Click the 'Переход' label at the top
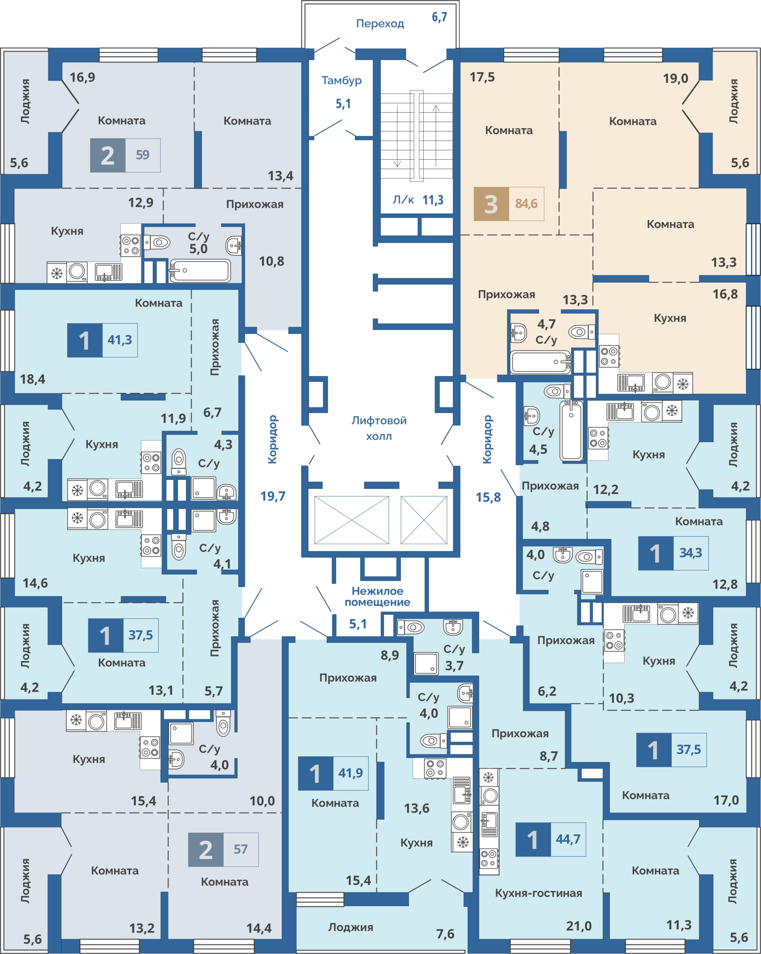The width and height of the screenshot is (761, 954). coord(380,24)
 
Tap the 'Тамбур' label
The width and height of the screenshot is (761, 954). coord(342,81)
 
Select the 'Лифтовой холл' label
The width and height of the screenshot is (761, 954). coord(379,428)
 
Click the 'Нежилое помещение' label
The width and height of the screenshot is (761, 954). coord(377,596)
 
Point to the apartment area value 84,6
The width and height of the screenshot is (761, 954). coord(526,204)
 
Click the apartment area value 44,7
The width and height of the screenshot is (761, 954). coord(568,839)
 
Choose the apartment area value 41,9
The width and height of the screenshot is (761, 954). coord(351,773)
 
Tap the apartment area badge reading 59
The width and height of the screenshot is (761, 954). coord(143,155)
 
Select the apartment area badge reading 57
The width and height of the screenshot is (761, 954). coord(241,849)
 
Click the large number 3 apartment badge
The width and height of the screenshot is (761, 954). coord(491,204)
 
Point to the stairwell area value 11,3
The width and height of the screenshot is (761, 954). coord(433,200)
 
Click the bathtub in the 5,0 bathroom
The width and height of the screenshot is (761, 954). coord(200,271)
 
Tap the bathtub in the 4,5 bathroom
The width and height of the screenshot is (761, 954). coord(571,431)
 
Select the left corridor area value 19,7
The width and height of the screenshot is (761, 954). coord(273,496)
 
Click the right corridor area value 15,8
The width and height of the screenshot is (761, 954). coord(488,497)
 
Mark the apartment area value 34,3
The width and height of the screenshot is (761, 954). coord(691,552)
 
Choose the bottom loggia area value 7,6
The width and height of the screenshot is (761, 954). coord(445,934)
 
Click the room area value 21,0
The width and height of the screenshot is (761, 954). coord(579,926)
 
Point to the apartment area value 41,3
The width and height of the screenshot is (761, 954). coord(120,340)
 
